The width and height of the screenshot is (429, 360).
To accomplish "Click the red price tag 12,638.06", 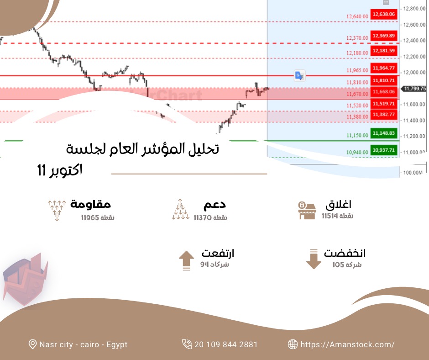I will (x=383, y=14).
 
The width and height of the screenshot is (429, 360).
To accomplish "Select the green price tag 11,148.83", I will (x=383, y=133).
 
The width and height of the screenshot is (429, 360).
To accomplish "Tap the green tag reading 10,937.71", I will (x=383, y=150).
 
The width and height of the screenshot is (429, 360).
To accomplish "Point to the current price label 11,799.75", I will (x=414, y=89).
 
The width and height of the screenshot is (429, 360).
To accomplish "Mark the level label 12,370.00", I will (x=357, y=38).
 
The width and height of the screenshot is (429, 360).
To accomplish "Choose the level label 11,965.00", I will (x=357, y=70).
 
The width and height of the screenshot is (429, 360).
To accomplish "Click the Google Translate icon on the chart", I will (x=299, y=76).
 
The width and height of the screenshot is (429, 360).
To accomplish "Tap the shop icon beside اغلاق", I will (x=307, y=210).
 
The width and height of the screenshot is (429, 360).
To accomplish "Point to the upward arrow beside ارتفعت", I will (x=186, y=261).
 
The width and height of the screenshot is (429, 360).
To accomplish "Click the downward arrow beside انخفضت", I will (x=314, y=259).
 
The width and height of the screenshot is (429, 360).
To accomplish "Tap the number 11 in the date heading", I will (x=42, y=171).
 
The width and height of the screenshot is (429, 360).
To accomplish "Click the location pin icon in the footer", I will (x=32, y=344).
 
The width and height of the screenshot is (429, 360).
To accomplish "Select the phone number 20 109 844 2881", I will (x=225, y=344).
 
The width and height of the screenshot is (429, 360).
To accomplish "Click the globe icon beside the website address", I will (x=293, y=344).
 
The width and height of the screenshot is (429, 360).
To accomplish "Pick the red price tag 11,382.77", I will (x=383, y=114).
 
